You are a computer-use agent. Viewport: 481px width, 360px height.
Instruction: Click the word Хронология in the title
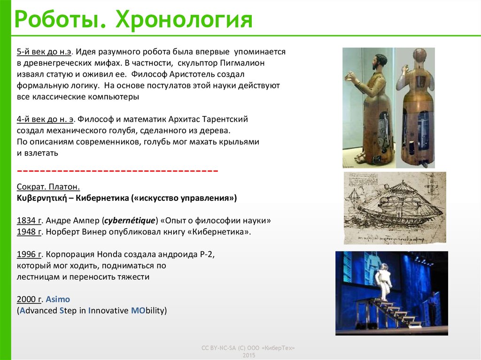click(184, 19)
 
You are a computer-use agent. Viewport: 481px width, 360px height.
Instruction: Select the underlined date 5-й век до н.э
click(44, 52)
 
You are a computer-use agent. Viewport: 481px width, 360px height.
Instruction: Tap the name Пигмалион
click(242, 63)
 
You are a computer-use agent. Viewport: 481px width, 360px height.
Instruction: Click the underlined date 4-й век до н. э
click(45, 119)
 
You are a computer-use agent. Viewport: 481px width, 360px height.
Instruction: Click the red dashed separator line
click(117, 170)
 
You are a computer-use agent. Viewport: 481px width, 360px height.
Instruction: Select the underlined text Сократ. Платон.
click(48, 187)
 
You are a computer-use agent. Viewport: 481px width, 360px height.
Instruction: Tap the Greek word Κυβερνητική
click(42, 199)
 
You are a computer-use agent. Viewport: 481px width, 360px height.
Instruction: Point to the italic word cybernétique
click(130, 221)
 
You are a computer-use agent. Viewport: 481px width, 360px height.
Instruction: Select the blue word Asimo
click(58, 299)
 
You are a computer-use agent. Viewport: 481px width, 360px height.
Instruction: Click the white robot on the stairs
click(382, 282)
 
